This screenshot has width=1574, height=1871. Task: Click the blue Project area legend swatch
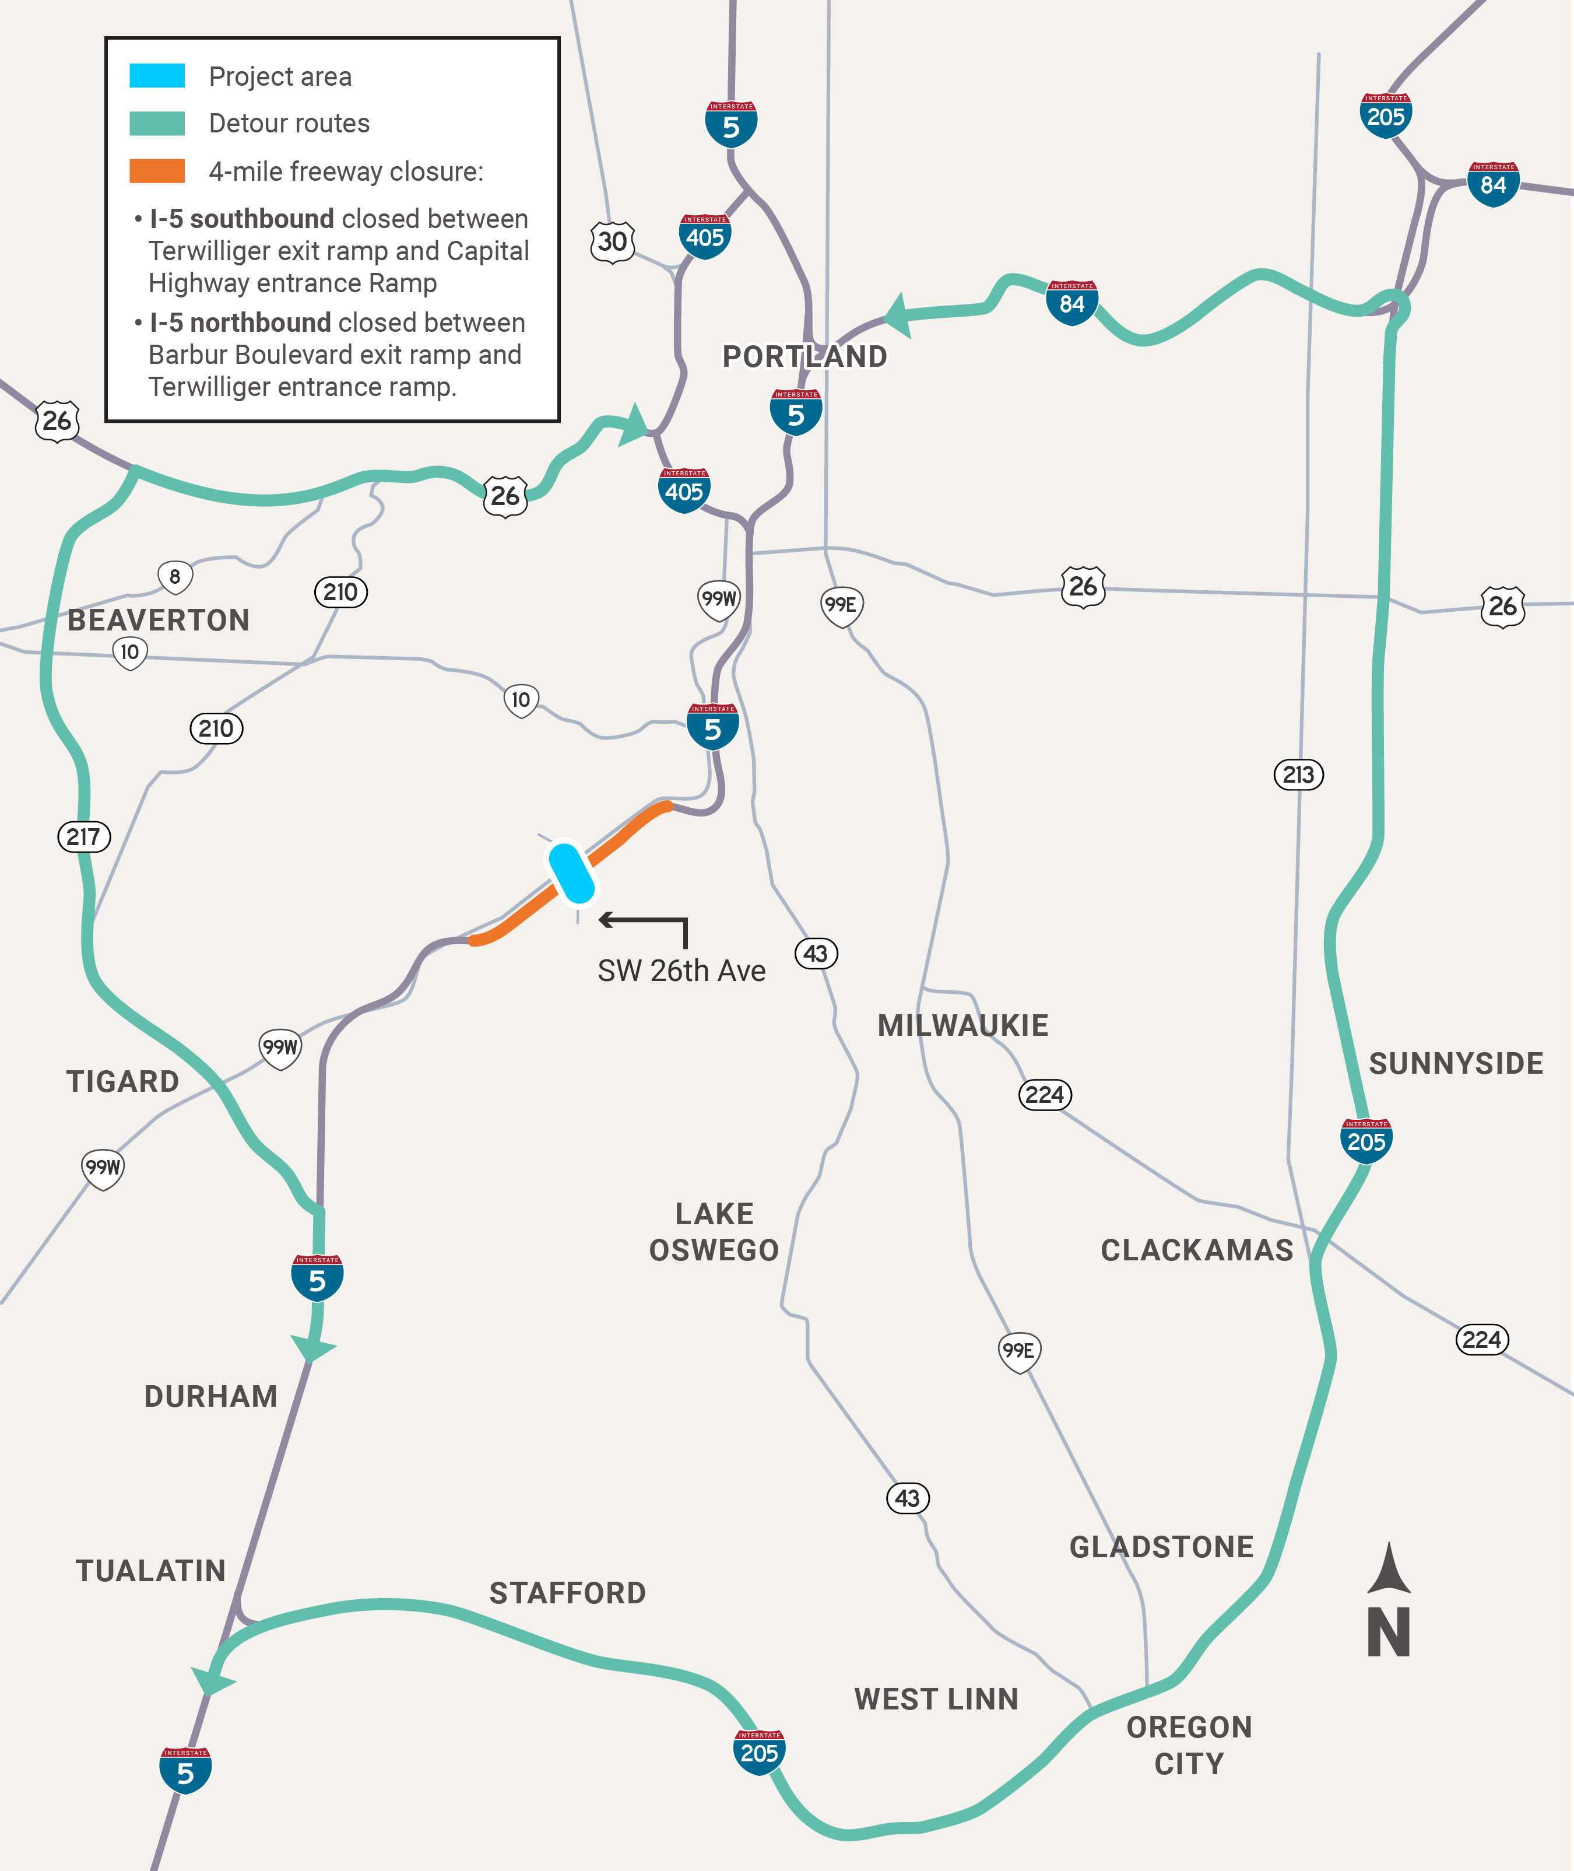[x=157, y=76]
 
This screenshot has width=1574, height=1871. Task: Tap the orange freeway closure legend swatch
[x=157, y=170]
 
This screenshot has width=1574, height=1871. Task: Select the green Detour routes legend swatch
[x=157, y=123]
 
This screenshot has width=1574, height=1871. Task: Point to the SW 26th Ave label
[x=681, y=970]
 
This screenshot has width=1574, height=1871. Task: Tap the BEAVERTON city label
[x=158, y=619]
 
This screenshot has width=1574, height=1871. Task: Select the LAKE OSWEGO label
[x=714, y=1232]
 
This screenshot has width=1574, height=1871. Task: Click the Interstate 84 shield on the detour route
[x=1071, y=302]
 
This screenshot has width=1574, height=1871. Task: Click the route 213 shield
[x=1298, y=774]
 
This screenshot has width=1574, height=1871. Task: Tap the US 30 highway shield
[x=612, y=241]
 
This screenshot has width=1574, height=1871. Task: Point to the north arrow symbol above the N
[x=1389, y=1568]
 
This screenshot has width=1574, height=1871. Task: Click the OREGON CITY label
[x=1189, y=1745]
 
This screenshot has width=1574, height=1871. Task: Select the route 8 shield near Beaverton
[x=175, y=577]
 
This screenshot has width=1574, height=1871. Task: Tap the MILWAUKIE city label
[x=963, y=1025]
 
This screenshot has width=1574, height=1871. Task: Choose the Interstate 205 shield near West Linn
[x=760, y=1751]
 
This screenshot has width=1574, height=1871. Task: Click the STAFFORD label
[x=567, y=1592]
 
